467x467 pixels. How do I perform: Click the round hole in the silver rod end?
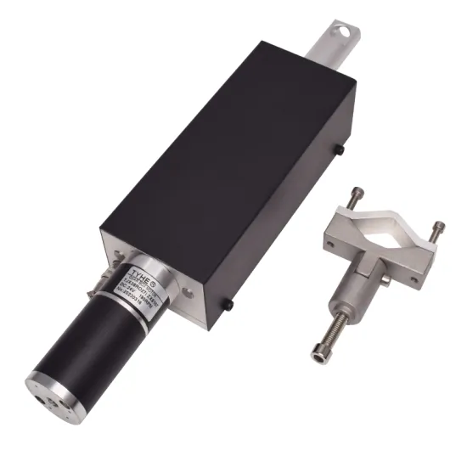click(x=342, y=31)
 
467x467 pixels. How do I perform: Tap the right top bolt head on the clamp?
click(x=438, y=228)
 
